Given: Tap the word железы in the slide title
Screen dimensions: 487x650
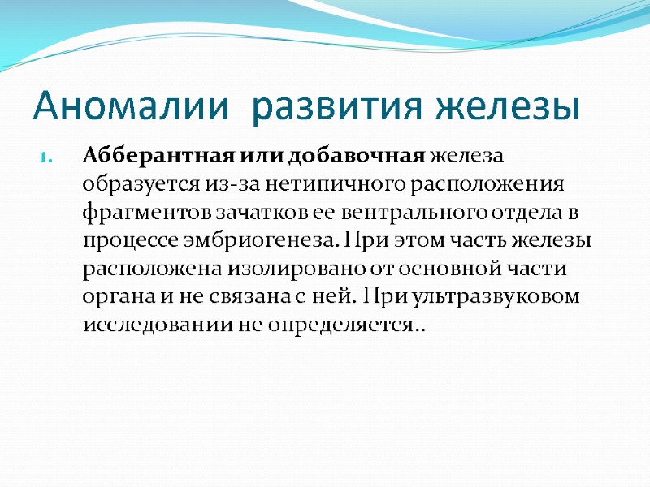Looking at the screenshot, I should [509, 107].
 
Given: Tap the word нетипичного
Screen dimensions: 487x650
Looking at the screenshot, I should [317, 183].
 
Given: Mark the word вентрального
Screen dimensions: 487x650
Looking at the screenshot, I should [406, 212].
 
